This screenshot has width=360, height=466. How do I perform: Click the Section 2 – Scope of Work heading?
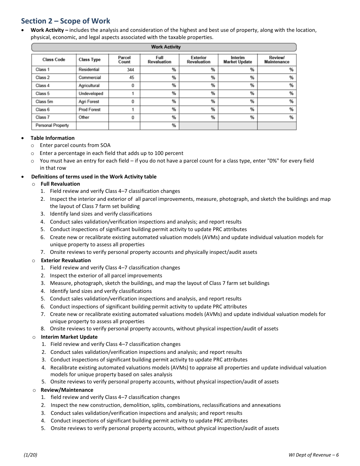click(66, 21)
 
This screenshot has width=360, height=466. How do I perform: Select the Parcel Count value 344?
click(125, 70)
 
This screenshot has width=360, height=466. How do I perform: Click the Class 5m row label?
click(44, 102)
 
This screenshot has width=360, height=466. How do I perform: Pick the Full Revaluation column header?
click(160, 60)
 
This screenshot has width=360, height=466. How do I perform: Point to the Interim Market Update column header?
click(238, 60)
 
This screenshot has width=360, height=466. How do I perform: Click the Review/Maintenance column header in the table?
click(277, 60)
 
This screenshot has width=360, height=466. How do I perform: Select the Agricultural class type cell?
click(89, 86)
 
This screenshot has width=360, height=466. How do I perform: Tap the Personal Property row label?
click(52, 125)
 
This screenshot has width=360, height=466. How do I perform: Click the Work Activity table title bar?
click(164, 47)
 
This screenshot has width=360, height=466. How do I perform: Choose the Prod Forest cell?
click(89, 109)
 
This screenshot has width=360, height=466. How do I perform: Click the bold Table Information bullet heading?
click(53, 138)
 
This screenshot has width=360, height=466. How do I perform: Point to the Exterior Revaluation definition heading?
click(66, 260)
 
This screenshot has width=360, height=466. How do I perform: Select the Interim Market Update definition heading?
click(69, 337)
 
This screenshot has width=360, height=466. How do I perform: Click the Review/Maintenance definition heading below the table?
click(67, 390)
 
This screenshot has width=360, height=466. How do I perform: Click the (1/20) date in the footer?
click(30, 455)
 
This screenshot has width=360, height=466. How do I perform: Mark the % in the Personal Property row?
click(174, 125)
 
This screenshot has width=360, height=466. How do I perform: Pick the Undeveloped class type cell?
click(91, 94)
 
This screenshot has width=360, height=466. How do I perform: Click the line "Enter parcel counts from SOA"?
click(75, 145)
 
